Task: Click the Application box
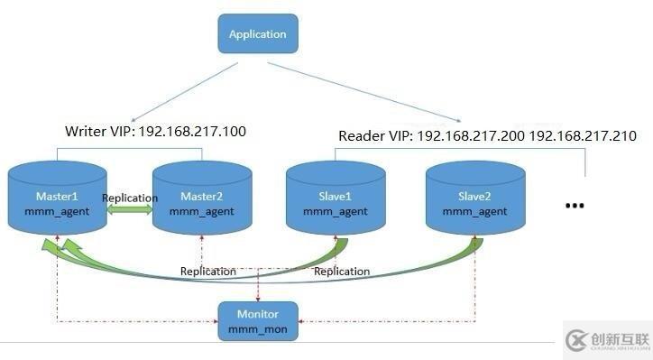[x=257, y=35]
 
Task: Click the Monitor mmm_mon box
[x=258, y=320]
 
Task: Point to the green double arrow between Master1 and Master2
[x=130, y=211]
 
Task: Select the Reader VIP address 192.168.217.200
[x=472, y=136]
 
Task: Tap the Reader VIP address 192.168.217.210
[x=583, y=136]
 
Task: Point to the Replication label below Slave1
[x=342, y=271]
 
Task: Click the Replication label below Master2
[x=208, y=271]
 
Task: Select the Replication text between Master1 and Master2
[x=130, y=198]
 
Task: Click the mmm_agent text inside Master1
[x=57, y=211]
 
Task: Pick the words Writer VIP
[x=97, y=132]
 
